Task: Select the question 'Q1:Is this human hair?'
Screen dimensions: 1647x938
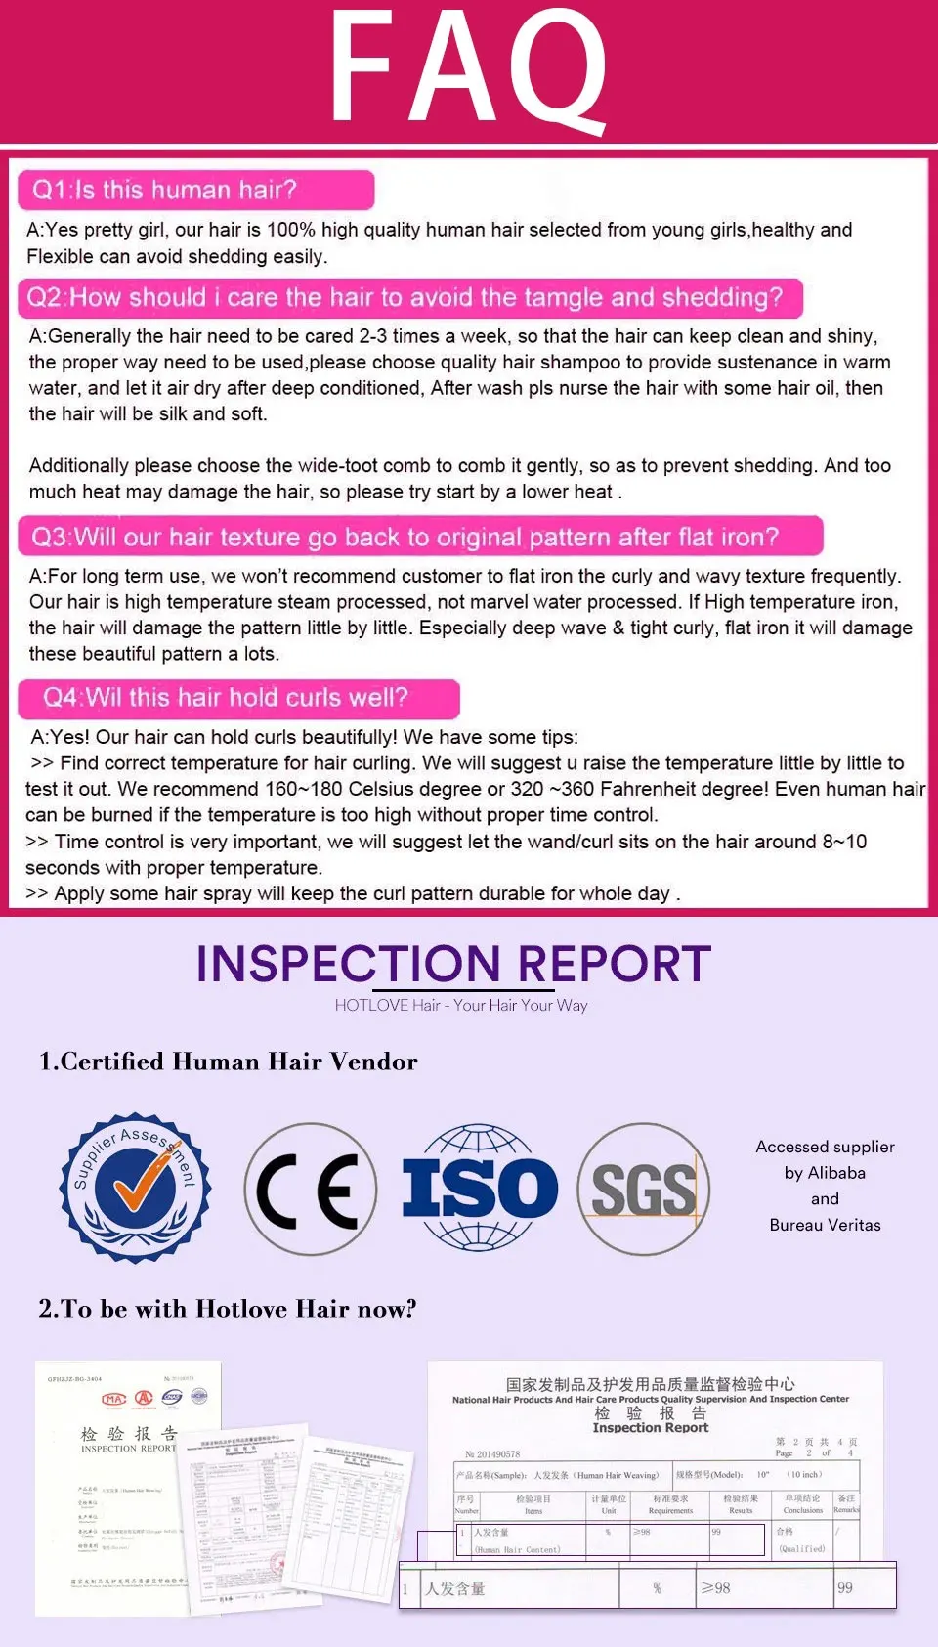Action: (x=165, y=190)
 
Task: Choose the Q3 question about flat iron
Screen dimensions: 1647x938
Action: (x=405, y=537)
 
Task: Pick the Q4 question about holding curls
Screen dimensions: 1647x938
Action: (x=226, y=697)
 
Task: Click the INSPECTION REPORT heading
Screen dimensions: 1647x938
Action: (x=453, y=964)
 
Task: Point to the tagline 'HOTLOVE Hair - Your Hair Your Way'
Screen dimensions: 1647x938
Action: (x=461, y=1005)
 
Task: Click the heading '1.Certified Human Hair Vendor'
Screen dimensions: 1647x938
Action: (x=229, y=1062)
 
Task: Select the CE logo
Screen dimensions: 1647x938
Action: (x=311, y=1189)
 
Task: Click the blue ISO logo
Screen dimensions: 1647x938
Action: (x=480, y=1189)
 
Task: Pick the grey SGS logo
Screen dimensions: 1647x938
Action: (x=643, y=1190)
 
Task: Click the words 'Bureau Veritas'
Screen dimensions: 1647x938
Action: (x=825, y=1225)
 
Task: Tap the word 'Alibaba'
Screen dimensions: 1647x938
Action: (x=838, y=1173)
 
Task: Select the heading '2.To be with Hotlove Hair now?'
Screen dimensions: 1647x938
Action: (x=228, y=1309)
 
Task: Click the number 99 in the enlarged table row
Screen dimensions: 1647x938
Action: (x=845, y=1588)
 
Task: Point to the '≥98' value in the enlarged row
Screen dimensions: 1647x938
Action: (x=716, y=1588)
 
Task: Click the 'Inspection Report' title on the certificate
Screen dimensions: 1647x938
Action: (x=650, y=1427)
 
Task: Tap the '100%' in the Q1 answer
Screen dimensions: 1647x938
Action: (x=291, y=230)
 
